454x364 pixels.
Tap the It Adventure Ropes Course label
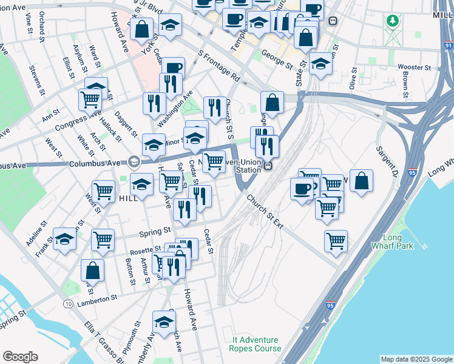click(x=255, y=344)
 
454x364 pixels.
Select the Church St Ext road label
click(x=265, y=209)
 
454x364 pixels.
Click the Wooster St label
click(x=414, y=68)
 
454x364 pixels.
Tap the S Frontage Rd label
click(x=219, y=65)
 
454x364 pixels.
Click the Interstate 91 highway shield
click(x=448, y=45)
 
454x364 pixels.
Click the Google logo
click(x=20, y=357)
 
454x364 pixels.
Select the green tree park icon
click(x=393, y=22)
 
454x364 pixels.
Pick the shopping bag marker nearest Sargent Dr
click(x=361, y=181)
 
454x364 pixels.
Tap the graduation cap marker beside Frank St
click(x=64, y=239)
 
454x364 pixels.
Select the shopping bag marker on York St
click(x=141, y=28)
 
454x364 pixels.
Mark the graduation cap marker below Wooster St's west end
click(x=320, y=64)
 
